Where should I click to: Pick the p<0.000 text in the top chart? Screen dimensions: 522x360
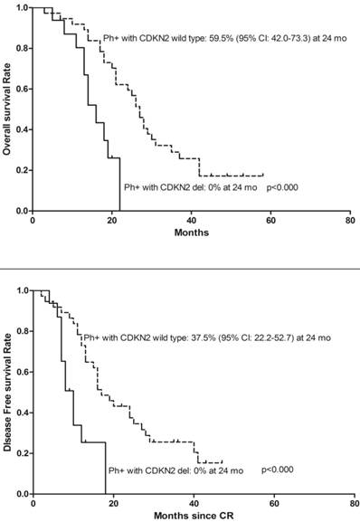point(283,187)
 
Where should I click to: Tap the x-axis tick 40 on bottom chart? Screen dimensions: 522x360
point(192,503)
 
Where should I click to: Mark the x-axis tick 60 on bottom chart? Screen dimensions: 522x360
point(270,503)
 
